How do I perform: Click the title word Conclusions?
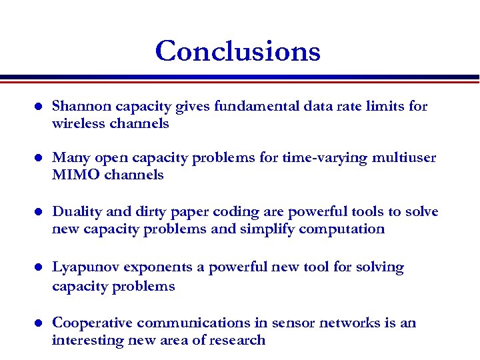coord(238,51)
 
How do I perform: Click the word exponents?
coord(155,268)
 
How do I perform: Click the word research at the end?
coord(237,341)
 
